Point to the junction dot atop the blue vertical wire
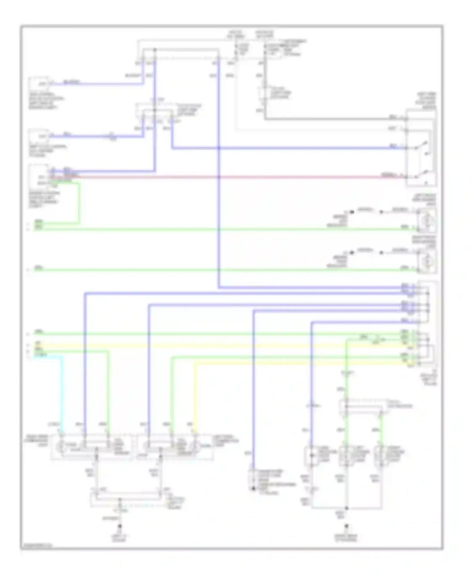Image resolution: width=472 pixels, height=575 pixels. click(x=155, y=50)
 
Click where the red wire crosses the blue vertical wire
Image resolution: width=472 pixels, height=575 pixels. click(x=219, y=177)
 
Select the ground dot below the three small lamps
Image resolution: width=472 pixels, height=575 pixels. click(x=346, y=526)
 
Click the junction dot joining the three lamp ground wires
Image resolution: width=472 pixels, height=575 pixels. click(x=346, y=508)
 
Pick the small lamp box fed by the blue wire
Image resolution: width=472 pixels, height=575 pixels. click(x=311, y=455)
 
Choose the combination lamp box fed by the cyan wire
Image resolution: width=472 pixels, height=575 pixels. click(x=91, y=447)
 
